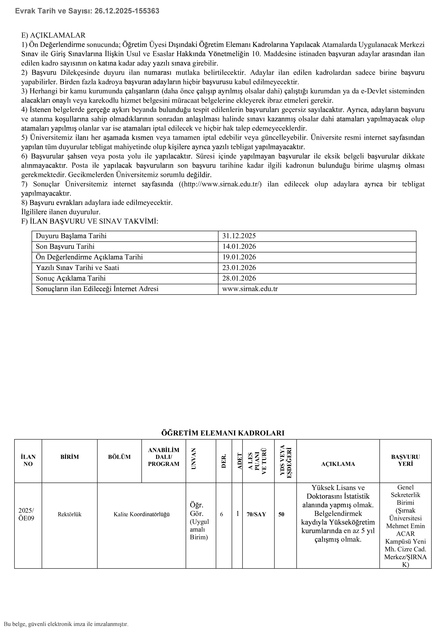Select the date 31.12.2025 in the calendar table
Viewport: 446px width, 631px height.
[239, 236]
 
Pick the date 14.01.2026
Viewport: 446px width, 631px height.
[239, 247]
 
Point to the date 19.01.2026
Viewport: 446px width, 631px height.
[239, 257]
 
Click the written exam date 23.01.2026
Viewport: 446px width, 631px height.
[239, 268]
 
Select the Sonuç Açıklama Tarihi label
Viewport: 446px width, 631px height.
[71, 278]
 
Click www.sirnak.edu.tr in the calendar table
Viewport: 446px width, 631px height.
[250, 289]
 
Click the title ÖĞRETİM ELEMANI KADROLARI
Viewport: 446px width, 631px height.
[223, 433]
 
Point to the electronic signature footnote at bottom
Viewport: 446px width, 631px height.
[66, 624]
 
